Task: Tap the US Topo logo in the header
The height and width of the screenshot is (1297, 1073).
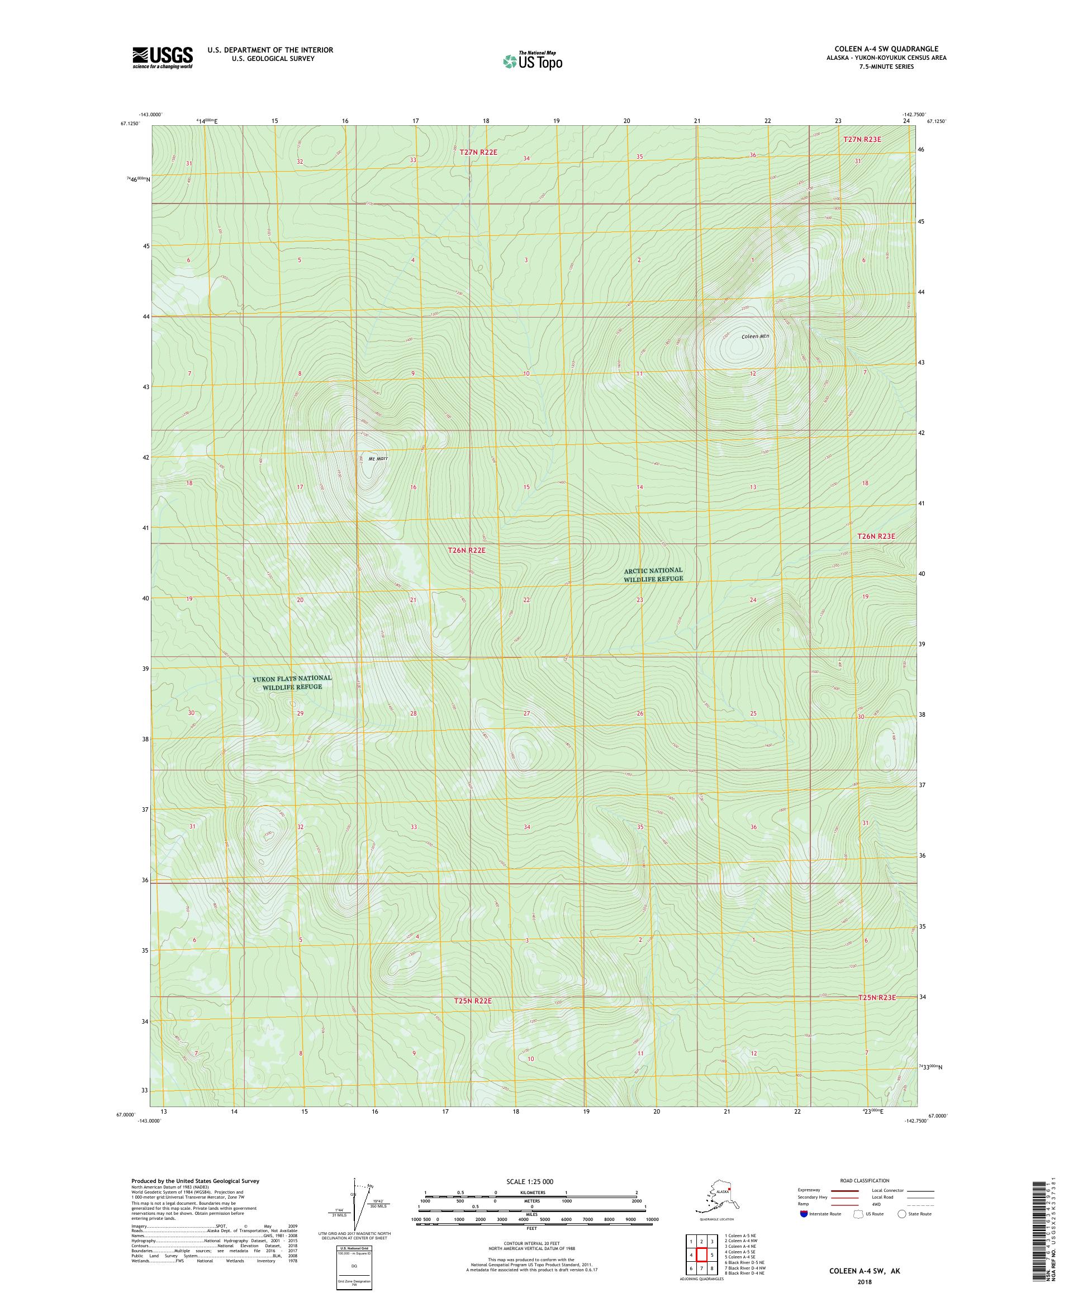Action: pyautogui.click(x=533, y=60)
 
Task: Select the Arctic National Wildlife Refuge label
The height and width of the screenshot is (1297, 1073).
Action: pyautogui.click(x=653, y=574)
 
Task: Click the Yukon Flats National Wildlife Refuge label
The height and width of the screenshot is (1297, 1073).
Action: pyautogui.click(x=291, y=683)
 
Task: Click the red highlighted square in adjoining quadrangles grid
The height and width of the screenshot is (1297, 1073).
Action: pyautogui.click(x=702, y=1255)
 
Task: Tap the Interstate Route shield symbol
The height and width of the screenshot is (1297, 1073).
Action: pyautogui.click(x=803, y=1214)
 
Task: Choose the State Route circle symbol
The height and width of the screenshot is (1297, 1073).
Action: pyautogui.click(x=902, y=1214)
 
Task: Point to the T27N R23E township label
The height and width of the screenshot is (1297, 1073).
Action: pyautogui.click(x=862, y=140)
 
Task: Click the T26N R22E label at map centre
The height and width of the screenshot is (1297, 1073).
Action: pyautogui.click(x=467, y=550)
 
